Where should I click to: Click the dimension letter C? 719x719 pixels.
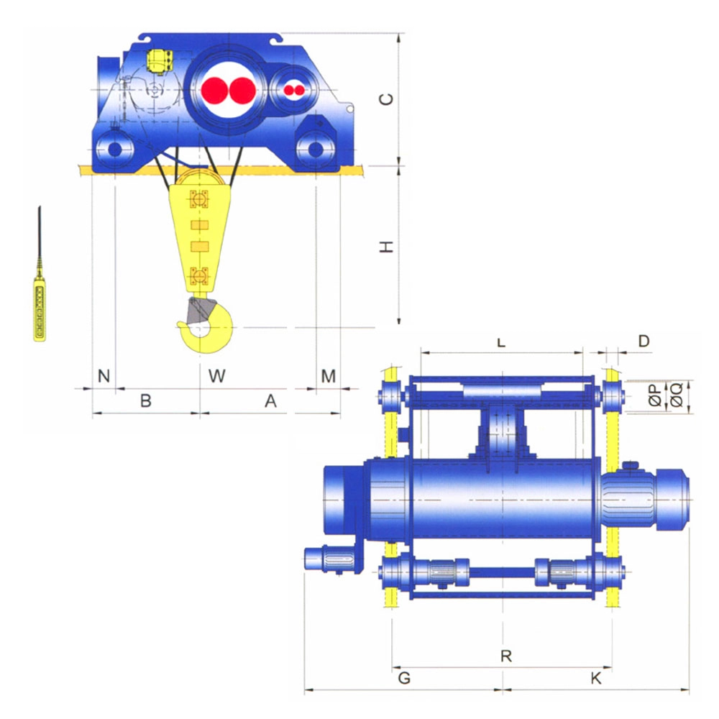coord(388,99)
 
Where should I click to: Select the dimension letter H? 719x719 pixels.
coord(387,247)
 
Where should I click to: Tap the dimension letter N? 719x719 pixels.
coord(104,376)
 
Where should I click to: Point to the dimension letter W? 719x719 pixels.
coord(217,376)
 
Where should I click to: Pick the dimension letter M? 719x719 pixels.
coord(329,376)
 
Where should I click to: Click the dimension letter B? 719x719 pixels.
coord(146,400)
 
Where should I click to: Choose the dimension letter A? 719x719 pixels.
coord(270,400)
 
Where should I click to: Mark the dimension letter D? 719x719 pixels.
coord(644,341)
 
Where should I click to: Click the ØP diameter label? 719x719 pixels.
coord(656,395)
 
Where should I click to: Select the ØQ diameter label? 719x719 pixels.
coord(677,395)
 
